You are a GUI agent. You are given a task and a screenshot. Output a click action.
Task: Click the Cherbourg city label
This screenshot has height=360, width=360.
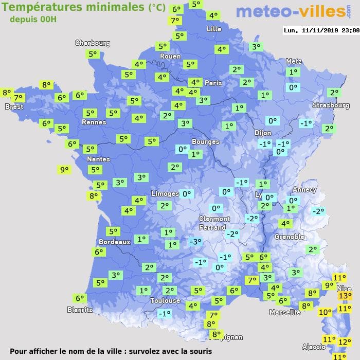tap(93, 43)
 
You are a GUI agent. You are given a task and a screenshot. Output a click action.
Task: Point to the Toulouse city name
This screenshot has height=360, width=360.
tap(165, 300)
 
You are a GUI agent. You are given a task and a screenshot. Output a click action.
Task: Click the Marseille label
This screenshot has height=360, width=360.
tap(285, 312)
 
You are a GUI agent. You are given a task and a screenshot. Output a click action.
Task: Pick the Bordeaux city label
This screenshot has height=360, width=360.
tap(114, 241)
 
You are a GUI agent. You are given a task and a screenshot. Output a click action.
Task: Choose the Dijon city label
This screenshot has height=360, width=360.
tap(263, 133)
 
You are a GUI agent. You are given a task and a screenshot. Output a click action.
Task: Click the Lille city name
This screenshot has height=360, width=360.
tap(214, 29)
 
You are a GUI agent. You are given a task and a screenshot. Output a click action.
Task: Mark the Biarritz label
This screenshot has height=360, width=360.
tap(80, 310)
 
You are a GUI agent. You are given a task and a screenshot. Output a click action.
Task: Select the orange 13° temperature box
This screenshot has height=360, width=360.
tap(345, 296)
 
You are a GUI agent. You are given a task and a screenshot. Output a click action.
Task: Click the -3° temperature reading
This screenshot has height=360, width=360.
tap(195, 242)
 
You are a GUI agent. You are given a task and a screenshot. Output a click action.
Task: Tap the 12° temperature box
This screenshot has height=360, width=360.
tap(345, 341)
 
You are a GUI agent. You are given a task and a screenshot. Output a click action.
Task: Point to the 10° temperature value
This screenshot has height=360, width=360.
tap(325, 312)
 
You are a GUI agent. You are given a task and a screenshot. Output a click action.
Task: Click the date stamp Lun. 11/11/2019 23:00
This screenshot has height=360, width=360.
tap(321, 30)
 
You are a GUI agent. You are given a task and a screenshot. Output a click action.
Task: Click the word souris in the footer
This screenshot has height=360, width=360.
tap(197, 352)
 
